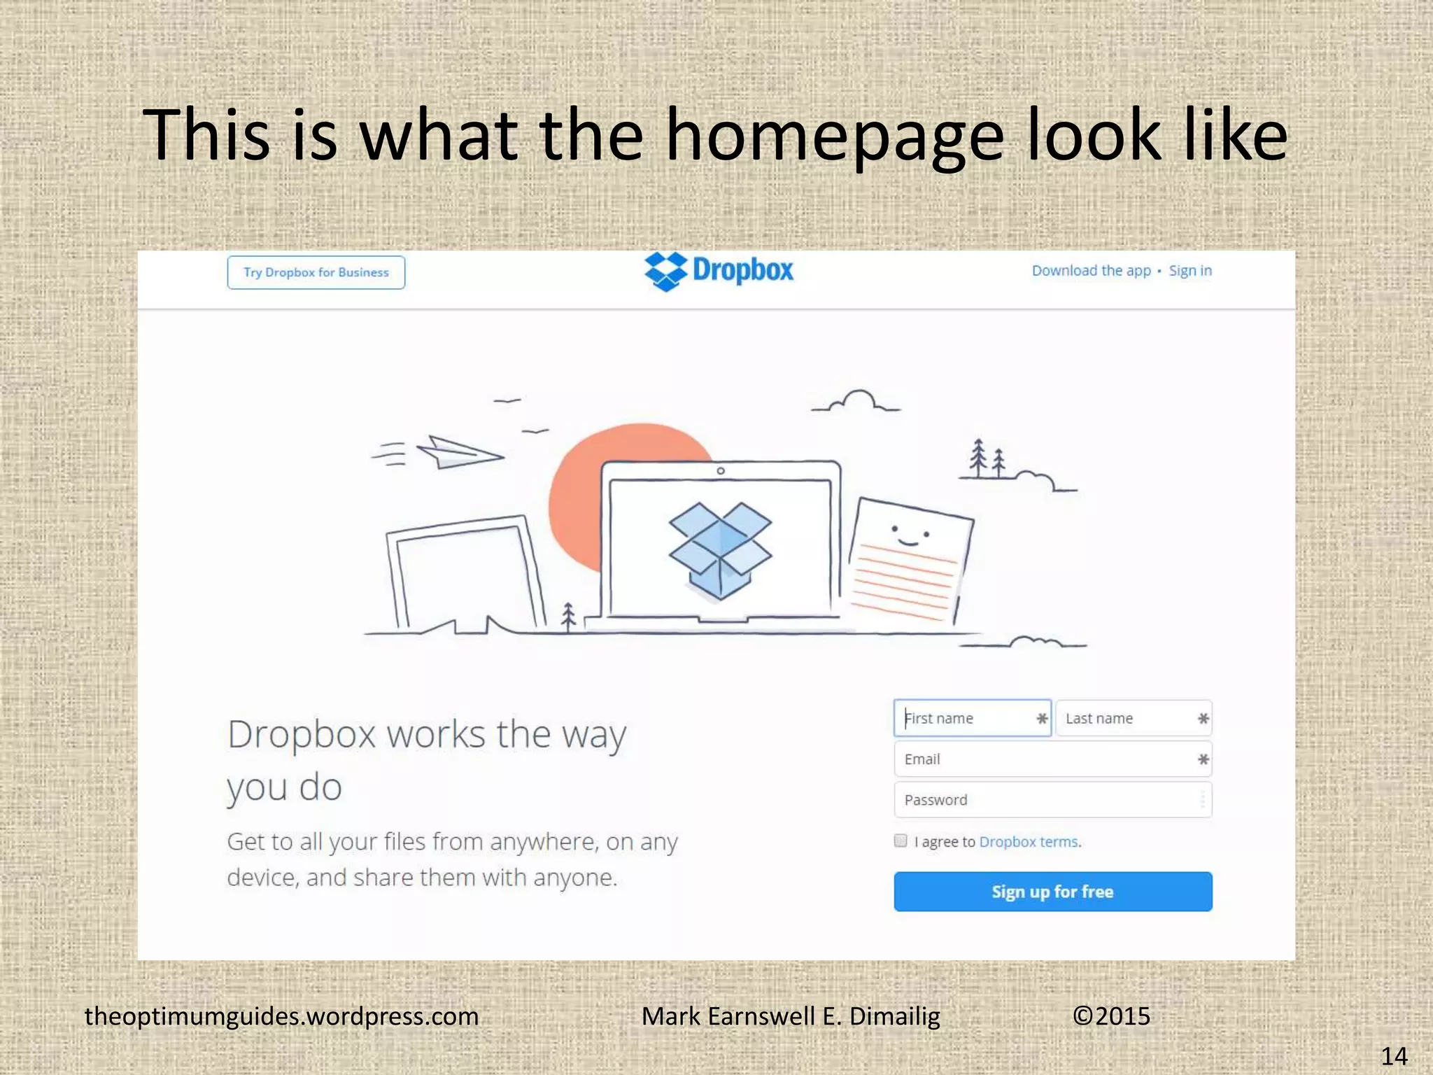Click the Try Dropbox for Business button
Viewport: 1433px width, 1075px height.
click(316, 272)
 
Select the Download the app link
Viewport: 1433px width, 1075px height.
click(1091, 271)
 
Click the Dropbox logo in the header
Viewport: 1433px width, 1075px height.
click(719, 271)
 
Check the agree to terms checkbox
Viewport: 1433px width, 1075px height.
click(901, 841)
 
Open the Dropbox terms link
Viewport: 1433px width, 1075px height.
click(1029, 842)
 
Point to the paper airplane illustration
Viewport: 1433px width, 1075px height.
click(458, 452)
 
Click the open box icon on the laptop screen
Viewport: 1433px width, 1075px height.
click(720, 550)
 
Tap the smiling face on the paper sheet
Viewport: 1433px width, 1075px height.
click(910, 536)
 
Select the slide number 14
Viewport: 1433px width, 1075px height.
click(1394, 1055)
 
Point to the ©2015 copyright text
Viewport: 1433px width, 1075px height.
click(1111, 1016)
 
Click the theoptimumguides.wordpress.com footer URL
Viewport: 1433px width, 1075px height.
click(281, 1016)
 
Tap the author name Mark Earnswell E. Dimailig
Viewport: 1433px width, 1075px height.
click(791, 1016)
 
